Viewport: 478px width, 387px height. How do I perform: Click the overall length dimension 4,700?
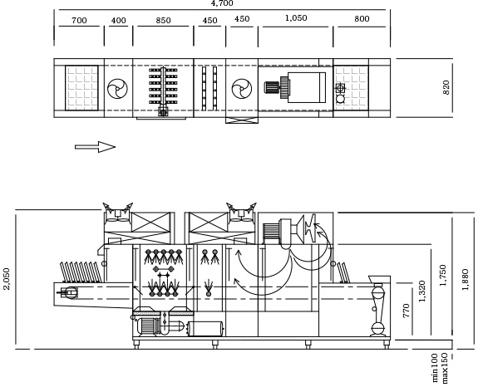222,3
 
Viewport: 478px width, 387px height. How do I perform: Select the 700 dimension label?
79,21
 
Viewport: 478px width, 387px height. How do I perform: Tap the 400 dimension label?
118,21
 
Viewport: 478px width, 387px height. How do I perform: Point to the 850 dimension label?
163,21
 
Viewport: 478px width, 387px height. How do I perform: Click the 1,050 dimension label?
296,18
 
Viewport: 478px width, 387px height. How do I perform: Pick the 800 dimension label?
362,19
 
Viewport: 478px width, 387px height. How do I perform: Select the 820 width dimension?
446,87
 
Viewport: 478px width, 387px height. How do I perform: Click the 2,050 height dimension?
7,279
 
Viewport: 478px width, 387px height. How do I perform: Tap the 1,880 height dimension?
465,280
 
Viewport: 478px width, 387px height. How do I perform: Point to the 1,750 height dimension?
442,275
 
